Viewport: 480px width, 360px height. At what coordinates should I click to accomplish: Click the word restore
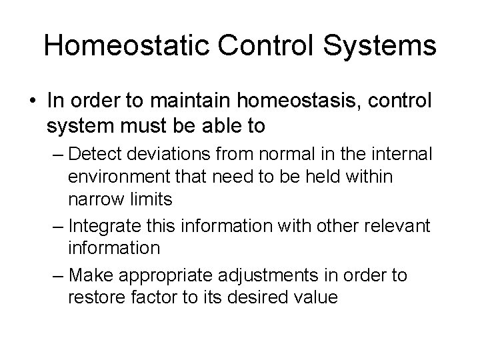[93, 297]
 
